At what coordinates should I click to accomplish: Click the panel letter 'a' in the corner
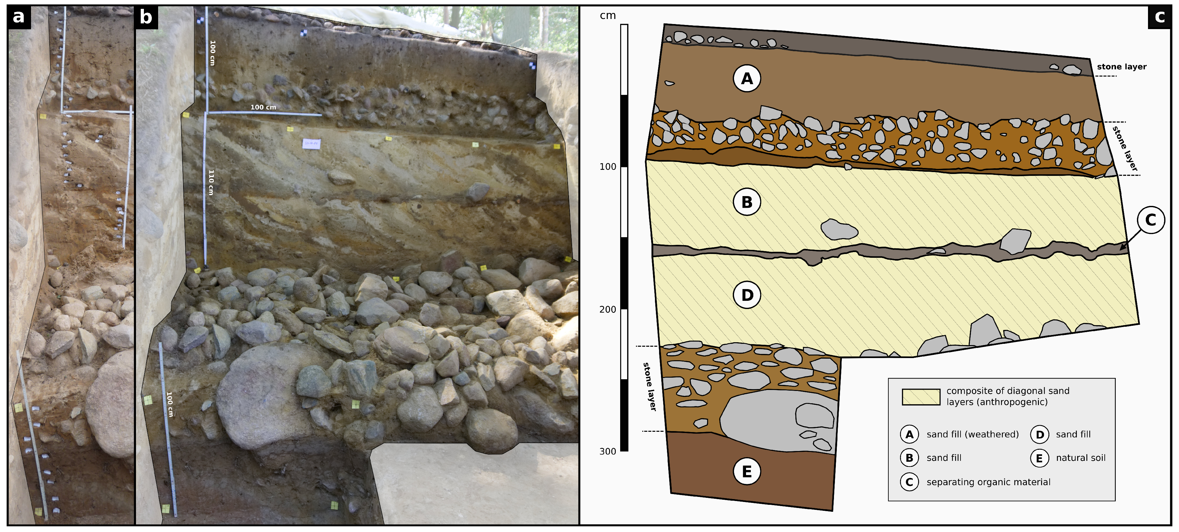pos(19,17)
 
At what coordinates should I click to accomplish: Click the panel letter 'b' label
pos(146,17)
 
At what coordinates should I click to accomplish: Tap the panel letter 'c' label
pos(1160,17)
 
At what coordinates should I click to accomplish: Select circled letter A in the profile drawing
pos(747,79)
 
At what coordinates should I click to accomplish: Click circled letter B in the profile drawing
pos(747,202)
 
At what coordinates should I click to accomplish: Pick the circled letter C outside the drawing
pos(1151,220)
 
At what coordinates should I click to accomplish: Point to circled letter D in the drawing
pos(747,295)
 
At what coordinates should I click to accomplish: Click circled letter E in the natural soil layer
pos(747,471)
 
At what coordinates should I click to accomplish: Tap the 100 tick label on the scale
pos(608,167)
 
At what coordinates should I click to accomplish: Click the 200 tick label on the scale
pos(608,310)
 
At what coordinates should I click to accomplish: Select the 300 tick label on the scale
pos(608,451)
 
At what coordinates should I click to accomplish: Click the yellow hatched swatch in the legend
pos(921,397)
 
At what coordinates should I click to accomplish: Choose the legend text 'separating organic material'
pos(989,482)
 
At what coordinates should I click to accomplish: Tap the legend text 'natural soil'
pos(1081,458)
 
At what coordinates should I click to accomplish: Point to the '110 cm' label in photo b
pos(211,182)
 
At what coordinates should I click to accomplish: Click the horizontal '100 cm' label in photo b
pos(263,107)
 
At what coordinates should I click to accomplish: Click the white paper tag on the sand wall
pos(311,144)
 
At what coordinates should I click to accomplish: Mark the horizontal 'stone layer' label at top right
pos(1121,67)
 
